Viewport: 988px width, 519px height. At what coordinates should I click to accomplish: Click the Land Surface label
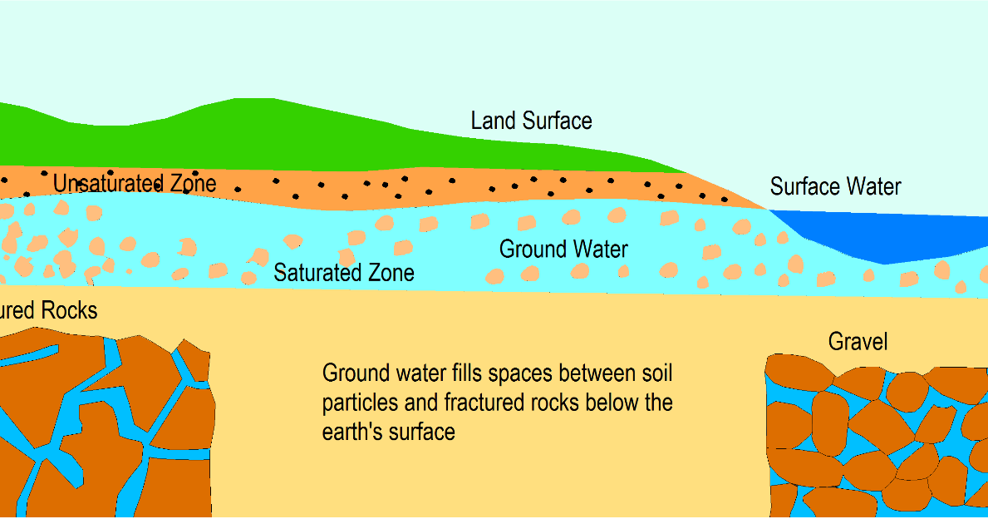click(531, 121)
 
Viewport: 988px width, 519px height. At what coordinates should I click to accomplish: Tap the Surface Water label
click(835, 186)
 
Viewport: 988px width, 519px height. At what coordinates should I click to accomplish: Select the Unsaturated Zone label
click(135, 184)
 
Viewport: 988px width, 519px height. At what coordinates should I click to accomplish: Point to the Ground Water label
click(563, 249)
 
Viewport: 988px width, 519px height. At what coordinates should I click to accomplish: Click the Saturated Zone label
click(344, 273)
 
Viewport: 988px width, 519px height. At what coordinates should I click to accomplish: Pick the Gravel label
click(858, 342)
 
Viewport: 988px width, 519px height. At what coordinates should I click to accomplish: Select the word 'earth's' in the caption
click(352, 432)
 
